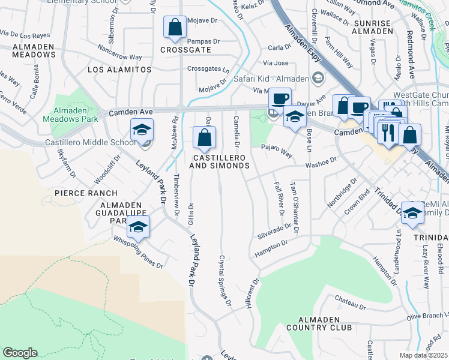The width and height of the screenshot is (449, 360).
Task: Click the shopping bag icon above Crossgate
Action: click(175, 28)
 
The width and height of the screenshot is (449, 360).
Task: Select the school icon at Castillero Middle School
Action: click(142, 130)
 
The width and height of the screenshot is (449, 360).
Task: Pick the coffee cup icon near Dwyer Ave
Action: click(279, 98)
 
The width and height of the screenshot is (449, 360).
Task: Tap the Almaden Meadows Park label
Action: click(70, 115)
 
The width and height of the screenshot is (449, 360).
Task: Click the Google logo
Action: click(20, 353)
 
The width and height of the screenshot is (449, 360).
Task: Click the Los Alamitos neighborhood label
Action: click(119, 70)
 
